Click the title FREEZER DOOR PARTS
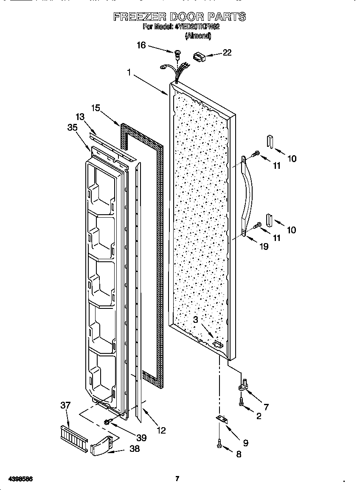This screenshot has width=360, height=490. click(180, 17)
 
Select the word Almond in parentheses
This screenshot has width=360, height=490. click(198, 36)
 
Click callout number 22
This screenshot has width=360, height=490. click(227, 53)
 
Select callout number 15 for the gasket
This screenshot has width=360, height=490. click(96, 108)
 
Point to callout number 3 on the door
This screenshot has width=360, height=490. click(196, 319)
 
